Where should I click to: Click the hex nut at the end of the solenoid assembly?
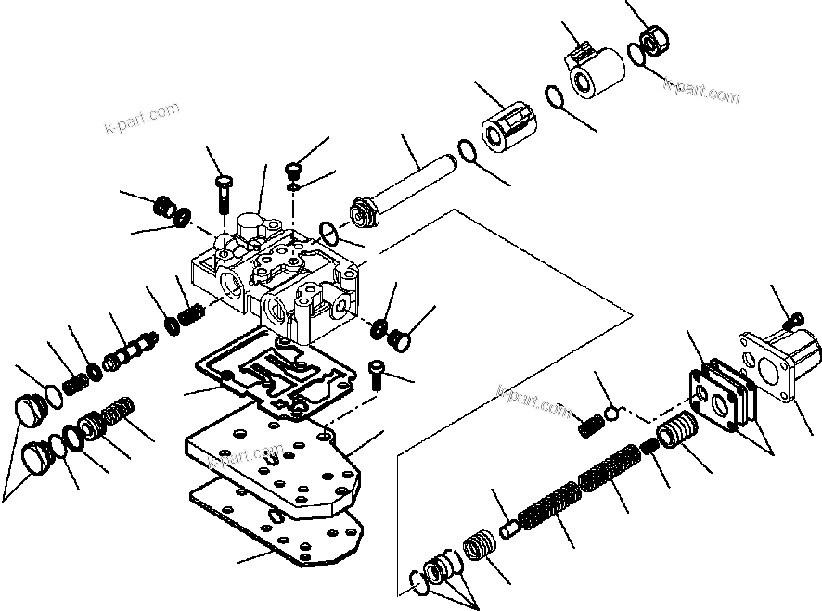(653, 41)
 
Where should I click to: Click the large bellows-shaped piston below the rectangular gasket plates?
(681, 433)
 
